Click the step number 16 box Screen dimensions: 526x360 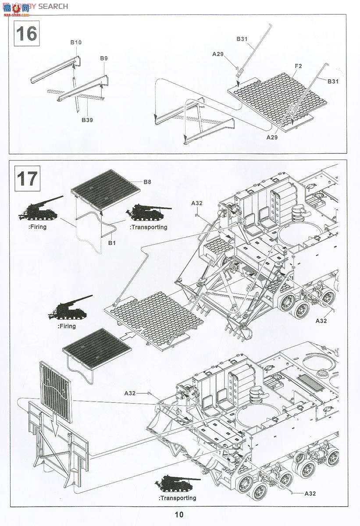(27, 33)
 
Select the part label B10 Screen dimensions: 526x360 (76, 43)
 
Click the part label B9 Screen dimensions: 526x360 (103, 58)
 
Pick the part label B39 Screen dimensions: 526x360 (87, 120)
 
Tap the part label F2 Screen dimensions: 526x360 (298, 66)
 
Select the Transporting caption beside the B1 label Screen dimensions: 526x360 (148, 227)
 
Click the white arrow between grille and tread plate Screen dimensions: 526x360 (126, 336)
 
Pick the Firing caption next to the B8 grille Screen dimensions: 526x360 (37, 227)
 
